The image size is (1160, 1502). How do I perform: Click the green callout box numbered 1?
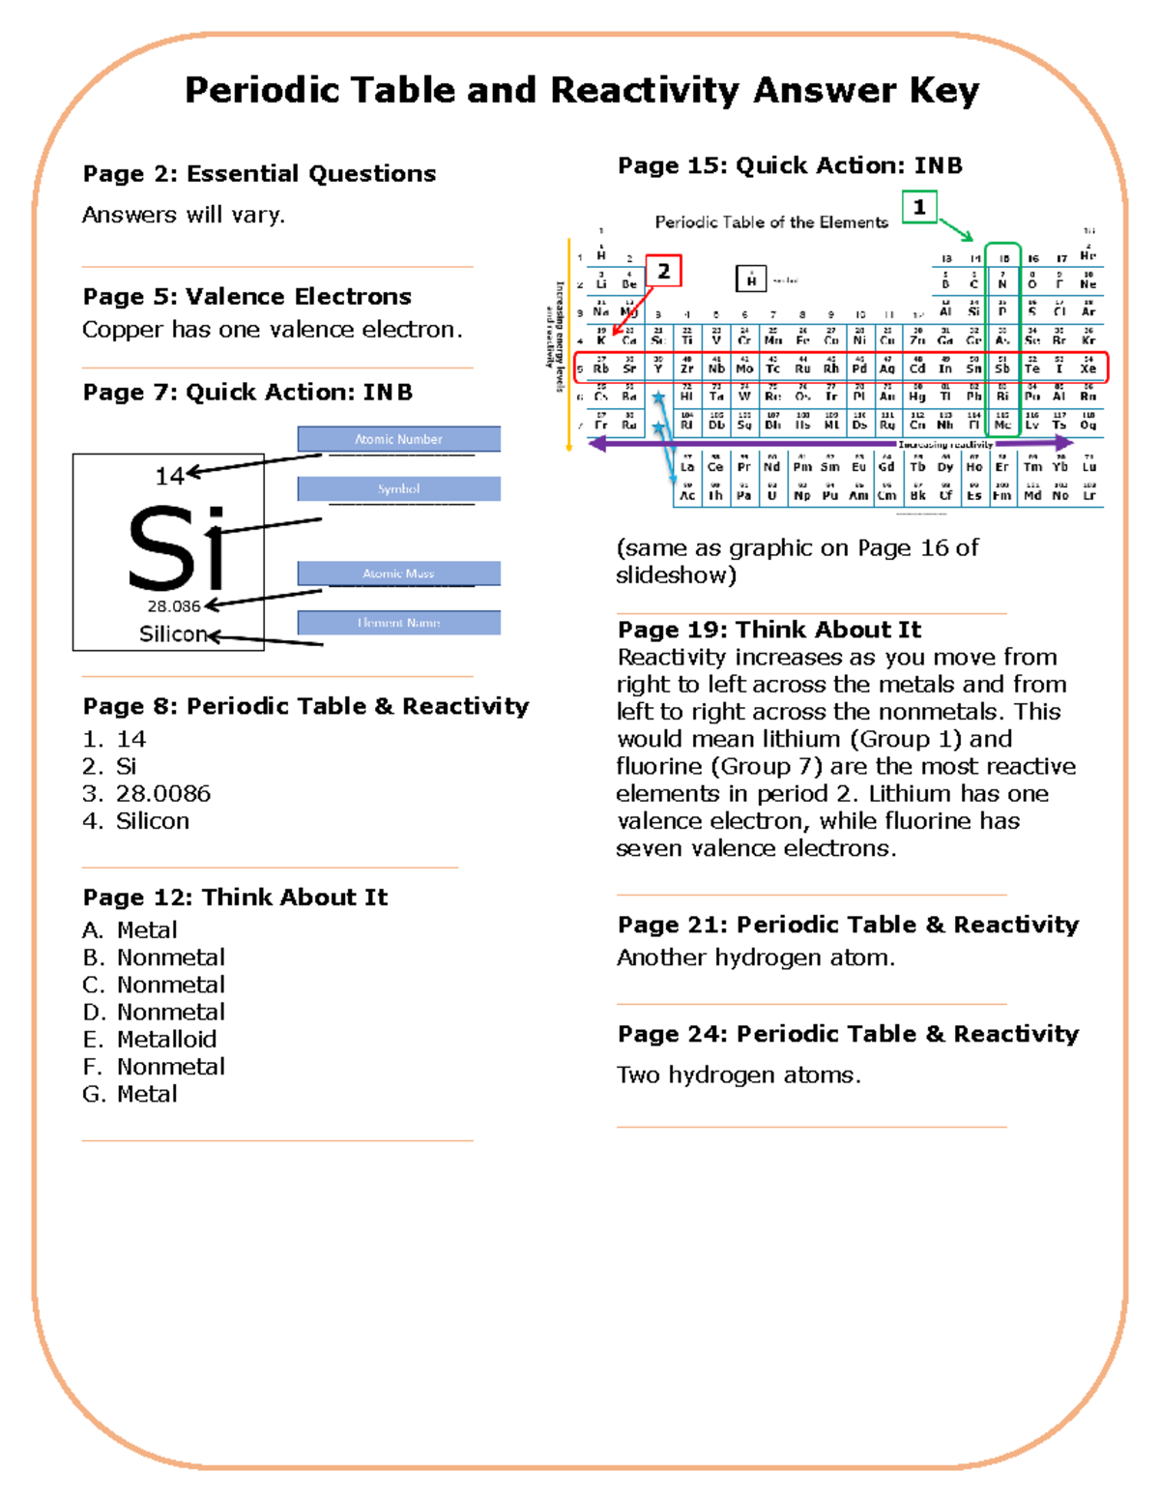(919, 207)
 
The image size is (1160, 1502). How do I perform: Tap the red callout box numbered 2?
(663, 272)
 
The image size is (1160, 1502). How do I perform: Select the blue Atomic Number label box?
(398, 439)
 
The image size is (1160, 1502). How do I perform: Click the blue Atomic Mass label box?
(398, 574)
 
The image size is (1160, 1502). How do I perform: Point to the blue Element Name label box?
(398, 623)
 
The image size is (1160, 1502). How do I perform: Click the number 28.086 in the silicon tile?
(174, 606)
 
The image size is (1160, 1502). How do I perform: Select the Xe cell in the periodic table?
(1088, 368)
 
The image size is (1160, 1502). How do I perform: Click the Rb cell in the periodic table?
(601, 368)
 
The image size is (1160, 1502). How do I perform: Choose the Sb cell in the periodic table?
(1002, 368)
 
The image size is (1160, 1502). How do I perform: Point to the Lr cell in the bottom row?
(1089, 494)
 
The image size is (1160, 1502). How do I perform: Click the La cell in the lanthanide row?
(687, 465)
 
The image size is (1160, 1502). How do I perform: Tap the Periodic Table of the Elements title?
(771, 222)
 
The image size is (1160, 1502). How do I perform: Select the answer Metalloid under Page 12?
(166, 1040)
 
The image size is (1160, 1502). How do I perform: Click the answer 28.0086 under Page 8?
(162, 794)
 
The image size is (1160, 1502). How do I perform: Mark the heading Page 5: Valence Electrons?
(246, 297)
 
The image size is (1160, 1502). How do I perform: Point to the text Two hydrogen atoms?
(739, 1075)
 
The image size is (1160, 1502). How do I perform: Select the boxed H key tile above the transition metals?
(751, 280)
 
